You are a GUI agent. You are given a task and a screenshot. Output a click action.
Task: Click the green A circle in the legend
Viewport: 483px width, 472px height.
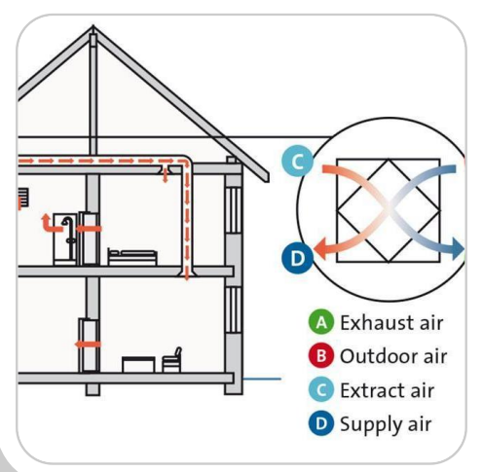tap(321, 322)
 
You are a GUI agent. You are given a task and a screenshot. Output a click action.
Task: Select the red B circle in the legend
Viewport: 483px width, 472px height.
tap(321, 356)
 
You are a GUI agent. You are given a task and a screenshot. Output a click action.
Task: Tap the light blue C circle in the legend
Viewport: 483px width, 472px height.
tap(321, 389)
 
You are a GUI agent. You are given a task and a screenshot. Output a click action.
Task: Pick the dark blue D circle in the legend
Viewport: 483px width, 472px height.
tap(321, 423)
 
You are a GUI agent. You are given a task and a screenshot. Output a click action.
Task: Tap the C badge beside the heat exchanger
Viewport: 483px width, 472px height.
tap(298, 162)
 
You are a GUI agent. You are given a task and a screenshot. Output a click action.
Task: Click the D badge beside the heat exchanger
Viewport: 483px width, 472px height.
tap(298, 259)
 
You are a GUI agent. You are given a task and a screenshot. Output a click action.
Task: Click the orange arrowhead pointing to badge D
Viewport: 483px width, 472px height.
tap(320, 249)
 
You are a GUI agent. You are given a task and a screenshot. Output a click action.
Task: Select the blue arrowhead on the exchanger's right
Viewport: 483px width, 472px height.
tap(458, 249)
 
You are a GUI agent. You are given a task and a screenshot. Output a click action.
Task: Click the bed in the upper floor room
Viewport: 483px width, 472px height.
tap(132, 257)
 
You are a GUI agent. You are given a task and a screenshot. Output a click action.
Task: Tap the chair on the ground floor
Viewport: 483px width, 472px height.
tap(171, 360)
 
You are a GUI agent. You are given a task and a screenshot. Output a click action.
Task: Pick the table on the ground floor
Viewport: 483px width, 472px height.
tap(138, 364)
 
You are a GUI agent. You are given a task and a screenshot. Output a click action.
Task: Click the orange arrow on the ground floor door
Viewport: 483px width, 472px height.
tap(88, 345)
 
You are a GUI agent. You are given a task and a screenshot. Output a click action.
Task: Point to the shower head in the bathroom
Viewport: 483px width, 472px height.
tap(66, 221)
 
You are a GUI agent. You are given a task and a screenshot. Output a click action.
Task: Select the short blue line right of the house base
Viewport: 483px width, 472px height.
tap(262, 379)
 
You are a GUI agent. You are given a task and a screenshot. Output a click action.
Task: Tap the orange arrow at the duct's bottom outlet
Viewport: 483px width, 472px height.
tap(187, 274)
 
